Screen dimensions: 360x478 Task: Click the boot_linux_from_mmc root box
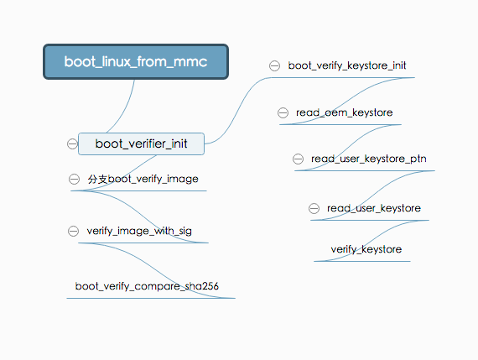[x=135, y=61]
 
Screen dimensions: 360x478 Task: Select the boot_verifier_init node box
[x=141, y=143]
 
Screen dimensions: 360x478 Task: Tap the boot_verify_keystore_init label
[x=347, y=65]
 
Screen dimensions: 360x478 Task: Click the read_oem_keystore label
[x=344, y=112]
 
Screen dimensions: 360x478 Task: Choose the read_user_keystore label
[x=374, y=207]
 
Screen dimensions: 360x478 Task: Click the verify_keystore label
[x=366, y=249]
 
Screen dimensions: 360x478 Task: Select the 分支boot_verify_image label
[x=143, y=179]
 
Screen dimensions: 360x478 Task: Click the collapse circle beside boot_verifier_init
[x=72, y=143]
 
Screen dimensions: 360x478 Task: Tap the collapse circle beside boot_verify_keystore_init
[x=274, y=65]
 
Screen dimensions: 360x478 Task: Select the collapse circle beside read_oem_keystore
[x=284, y=112]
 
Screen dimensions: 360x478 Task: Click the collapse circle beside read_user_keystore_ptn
[x=299, y=159]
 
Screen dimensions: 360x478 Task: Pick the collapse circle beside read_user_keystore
[x=314, y=208]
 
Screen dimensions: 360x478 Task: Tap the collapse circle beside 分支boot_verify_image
[x=75, y=179]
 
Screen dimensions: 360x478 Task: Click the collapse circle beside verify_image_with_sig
[x=74, y=231]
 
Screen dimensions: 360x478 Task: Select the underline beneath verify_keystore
[x=362, y=261]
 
